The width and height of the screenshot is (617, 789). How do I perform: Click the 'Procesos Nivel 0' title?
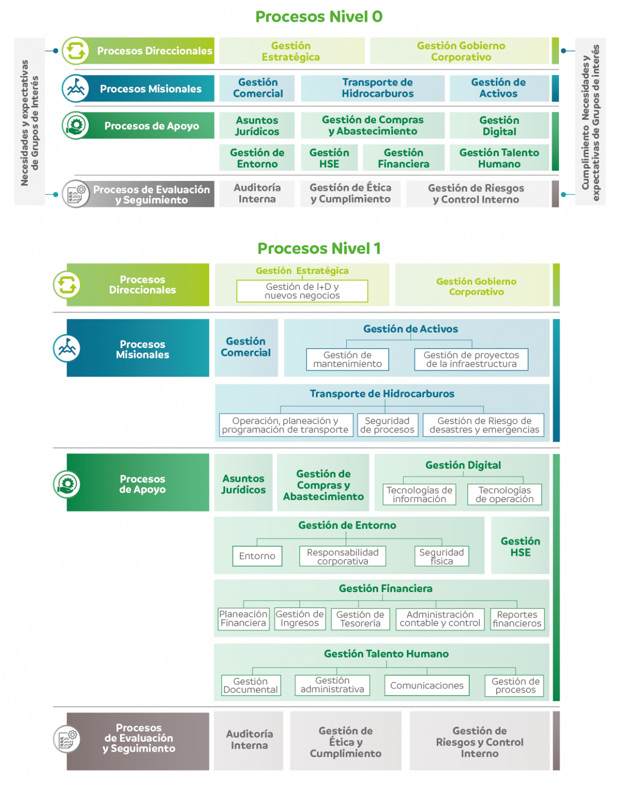tap(319, 16)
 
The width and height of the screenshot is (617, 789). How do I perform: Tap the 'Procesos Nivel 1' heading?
tap(319, 248)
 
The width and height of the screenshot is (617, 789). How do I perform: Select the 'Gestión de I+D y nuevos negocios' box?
tap(302, 291)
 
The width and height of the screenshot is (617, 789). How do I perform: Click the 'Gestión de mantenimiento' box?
tap(347, 360)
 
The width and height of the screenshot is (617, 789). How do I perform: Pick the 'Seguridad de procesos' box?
tap(387, 425)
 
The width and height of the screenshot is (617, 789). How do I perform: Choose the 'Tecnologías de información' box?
tap(419, 494)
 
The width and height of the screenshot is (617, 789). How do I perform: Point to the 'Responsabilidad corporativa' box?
tap(343, 557)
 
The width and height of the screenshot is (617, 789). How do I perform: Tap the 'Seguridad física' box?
tap(441, 557)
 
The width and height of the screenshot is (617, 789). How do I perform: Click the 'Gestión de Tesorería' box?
tap(360, 619)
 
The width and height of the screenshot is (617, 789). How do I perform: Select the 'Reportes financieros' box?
tap(517, 619)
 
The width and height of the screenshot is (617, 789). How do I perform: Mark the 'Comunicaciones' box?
tap(427, 685)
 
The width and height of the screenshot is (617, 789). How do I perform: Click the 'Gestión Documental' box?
tap(251, 685)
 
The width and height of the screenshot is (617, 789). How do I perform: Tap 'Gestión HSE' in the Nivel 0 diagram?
tap(329, 158)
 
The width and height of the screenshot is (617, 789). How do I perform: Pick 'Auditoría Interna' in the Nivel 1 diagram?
tap(249, 740)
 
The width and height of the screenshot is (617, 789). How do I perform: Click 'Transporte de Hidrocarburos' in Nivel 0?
tap(378, 88)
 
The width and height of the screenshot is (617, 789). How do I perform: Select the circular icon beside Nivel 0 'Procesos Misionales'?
tap(76, 88)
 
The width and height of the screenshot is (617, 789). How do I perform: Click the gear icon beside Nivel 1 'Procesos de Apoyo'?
tap(67, 484)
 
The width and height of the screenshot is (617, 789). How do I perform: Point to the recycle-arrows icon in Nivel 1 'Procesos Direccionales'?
tap(67, 285)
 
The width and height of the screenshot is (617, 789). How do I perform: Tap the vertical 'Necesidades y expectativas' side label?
tap(30, 123)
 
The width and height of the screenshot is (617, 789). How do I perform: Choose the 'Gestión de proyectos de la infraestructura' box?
tap(471, 360)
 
